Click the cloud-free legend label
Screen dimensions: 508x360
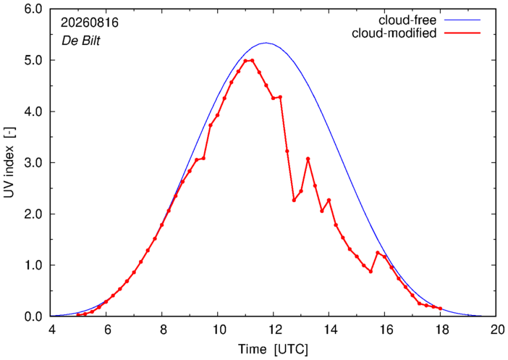point(407,20)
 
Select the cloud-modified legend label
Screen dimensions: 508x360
point(394,33)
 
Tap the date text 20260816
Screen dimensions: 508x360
point(90,22)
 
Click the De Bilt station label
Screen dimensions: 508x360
point(80,41)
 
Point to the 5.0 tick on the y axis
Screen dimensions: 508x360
point(33,60)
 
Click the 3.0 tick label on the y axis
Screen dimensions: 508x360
point(33,162)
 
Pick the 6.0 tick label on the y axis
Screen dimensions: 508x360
point(33,9)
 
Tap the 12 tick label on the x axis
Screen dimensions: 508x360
point(274,330)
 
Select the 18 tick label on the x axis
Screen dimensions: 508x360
point(440,330)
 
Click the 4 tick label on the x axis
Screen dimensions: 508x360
point(51,330)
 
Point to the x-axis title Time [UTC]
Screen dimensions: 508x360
point(273,350)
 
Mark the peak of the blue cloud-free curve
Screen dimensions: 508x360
point(266,43)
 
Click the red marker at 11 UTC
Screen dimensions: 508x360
point(245,61)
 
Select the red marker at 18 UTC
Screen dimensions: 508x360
point(440,309)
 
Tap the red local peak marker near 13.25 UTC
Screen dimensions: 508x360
point(308,159)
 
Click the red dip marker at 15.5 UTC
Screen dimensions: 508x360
point(371,272)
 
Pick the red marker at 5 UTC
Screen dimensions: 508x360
point(78,315)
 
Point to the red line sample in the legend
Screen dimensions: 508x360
point(462,33)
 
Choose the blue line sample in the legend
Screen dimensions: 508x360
point(462,20)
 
